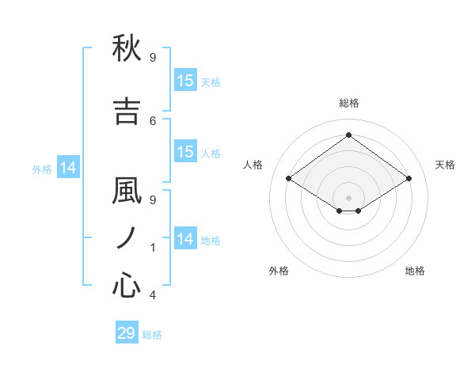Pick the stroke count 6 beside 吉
(153, 120)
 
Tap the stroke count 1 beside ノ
(153, 248)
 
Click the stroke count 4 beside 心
(153, 295)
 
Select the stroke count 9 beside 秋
(153, 58)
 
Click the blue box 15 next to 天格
(185, 81)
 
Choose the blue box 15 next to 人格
(185, 152)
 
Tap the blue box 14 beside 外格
(68, 168)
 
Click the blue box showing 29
(127, 333)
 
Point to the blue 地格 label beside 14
(211, 241)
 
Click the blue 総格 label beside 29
(153, 335)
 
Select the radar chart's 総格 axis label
(348, 103)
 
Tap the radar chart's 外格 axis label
(279, 271)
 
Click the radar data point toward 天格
(408, 179)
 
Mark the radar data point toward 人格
(289, 179)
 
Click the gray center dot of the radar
(348, 196)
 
